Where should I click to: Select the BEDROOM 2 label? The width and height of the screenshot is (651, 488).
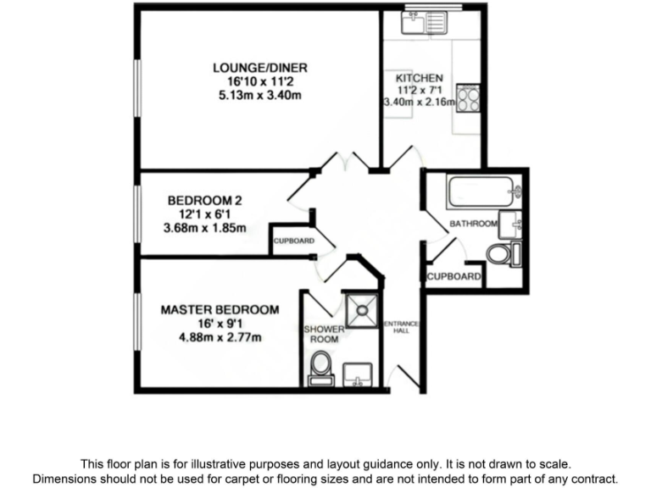tap(204, 201)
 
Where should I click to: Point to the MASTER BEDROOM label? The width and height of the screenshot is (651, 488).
tap(220, 310)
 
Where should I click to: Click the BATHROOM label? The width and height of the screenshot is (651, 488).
tap(473, 224)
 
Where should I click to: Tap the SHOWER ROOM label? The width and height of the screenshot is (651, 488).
tap(324, 334)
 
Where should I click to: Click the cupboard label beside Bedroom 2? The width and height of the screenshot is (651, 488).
tap(293, 241)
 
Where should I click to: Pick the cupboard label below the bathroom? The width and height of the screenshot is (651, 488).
tap(453, 277)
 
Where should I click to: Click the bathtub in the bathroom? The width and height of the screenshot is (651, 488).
tap(482, 192)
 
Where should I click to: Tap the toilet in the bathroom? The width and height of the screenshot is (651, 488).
tap(501, 253)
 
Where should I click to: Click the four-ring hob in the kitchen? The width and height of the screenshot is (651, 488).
tap(468, 98)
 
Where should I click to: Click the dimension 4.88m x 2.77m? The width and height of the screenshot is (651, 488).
tap(220, 338)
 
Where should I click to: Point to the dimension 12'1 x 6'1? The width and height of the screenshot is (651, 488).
tap(204, 214)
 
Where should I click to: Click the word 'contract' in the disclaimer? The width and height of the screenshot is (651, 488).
tap(593, 478)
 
